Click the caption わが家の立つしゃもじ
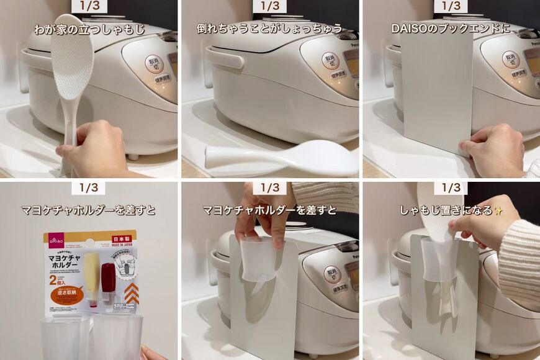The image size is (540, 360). point(89,29)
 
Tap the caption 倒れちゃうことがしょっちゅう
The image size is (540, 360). point(269,29)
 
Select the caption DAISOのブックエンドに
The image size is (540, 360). point(451,29)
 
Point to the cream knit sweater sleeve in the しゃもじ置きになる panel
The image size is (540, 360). point(520,261)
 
